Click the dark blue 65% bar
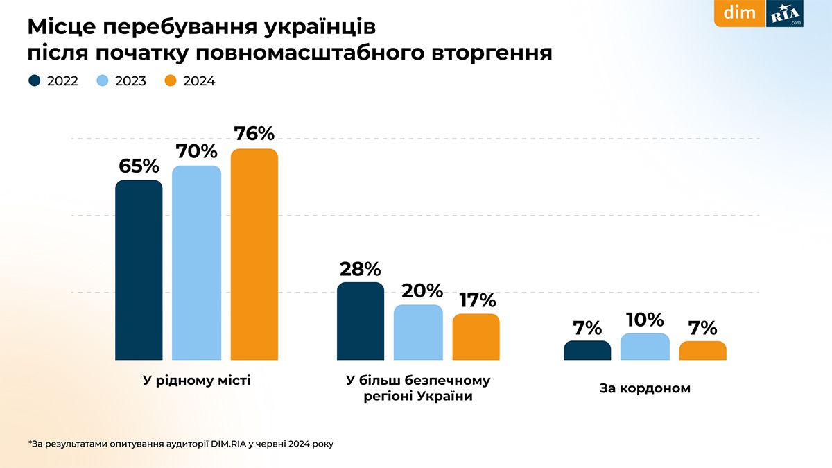[139, 270]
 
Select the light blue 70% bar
[196, 263]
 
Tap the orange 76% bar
[254, 254]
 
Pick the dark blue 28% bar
[360, 321]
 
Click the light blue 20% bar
[417, 332]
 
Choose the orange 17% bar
[476, 337]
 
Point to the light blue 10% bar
[645, 347]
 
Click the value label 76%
[254, 133]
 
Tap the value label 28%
[360, 268]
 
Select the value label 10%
[645, 320]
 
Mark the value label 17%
[476, 300]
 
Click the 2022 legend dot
[35, 81]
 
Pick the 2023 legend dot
[103, 81]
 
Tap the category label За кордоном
[645, 388]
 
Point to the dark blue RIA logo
[784, 13]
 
